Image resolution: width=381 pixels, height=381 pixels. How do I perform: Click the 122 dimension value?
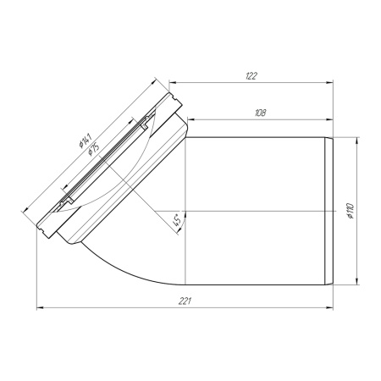251,76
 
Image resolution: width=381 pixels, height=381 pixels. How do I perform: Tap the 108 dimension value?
260,113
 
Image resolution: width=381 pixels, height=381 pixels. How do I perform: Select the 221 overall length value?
185,301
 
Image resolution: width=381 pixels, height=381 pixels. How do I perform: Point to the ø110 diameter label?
351,211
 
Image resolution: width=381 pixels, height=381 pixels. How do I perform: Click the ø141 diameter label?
86,141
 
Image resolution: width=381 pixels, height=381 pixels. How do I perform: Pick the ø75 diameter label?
93,148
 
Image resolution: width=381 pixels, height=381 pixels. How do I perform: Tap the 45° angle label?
177,220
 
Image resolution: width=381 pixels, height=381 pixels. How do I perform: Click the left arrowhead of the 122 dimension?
173,82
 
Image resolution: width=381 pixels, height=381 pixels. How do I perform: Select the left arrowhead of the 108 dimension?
191,119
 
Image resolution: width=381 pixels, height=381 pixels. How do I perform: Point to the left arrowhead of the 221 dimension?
41,308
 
